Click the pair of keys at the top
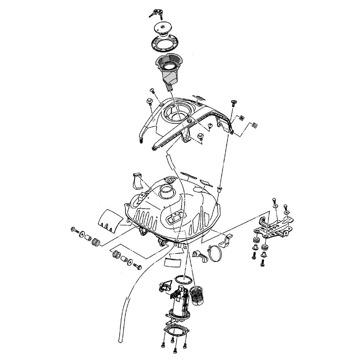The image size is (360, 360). coord(156,13)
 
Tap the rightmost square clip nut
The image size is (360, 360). coord(255,125)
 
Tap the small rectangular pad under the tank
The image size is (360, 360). coord(173,262)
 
